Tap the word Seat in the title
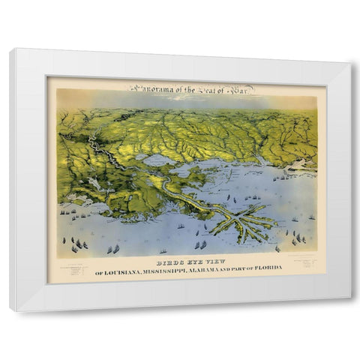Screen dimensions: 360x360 tap(205, 87)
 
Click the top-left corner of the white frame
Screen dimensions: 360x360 tap(10, 49)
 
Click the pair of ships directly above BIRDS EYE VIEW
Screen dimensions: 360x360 tap(200, 244)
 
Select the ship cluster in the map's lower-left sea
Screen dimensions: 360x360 tap(78, 244)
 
